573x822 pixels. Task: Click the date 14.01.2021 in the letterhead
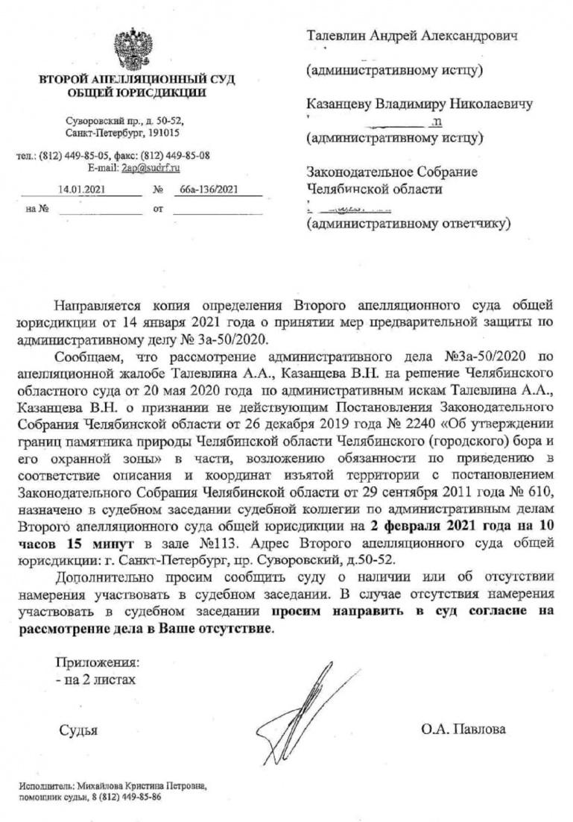pyautogui.click(x=81, y=190)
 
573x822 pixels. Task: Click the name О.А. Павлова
pyautogui.click(x=463, y=729)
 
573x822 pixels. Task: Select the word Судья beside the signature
pyautogui.click(x=79, y=729)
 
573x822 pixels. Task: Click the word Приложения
pyautogui.click(x=98, y=662)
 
